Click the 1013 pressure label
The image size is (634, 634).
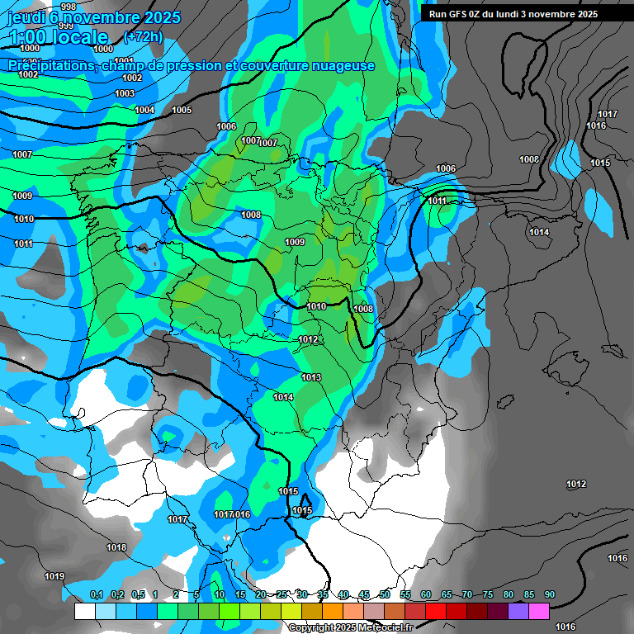coord(311,377)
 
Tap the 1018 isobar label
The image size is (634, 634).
coord(116,547)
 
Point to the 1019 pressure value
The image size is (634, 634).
coord(54,576)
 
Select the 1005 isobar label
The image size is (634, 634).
coord(182,110)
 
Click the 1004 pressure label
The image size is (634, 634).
coord(144,110)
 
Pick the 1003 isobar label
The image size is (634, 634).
coord(125,93)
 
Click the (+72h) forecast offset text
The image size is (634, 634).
coord(143,37)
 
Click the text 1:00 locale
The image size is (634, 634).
coord(59,37)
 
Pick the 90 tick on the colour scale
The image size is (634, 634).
coord(550,594)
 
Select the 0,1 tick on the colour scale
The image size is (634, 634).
coord(96,594)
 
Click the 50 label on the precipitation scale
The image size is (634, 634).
coord(385,594)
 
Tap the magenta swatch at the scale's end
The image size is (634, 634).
coord(539,611)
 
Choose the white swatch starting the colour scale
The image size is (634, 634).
coord(84,611)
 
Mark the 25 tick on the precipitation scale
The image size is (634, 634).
coord(282,594)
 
